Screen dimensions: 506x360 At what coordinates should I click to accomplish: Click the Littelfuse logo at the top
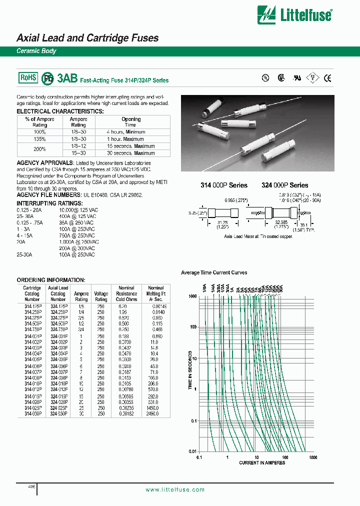click(x=294, y=14)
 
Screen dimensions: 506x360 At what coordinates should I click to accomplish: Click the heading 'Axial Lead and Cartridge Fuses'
click(x=87, y=38)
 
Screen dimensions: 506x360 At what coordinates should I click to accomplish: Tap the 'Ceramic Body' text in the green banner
click(x=36, y=51)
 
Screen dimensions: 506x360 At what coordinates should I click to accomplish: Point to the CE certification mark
click(x=327, y=78)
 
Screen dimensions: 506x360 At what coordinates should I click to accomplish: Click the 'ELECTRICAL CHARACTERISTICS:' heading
click(x=60, y=111)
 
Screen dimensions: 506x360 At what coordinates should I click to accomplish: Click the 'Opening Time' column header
click(x=131, y=122)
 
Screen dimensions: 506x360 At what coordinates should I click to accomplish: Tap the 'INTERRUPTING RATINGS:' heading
click(x=50, y=203)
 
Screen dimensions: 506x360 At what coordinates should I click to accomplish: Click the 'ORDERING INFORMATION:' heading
click(x=51, y=280)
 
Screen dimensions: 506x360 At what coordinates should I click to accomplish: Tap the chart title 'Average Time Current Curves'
click(x=213, y=272)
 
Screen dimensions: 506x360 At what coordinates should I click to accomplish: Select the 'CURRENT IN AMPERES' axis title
click(x=262, y=463)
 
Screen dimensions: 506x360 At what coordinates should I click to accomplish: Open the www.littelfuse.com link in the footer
click(x=175, y=489)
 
